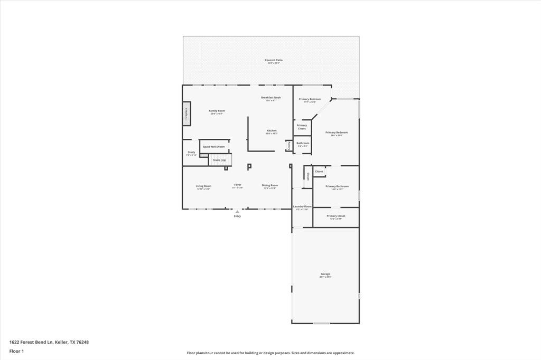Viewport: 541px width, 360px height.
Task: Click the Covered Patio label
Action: (274, 60)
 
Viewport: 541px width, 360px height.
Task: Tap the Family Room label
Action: (217, 111)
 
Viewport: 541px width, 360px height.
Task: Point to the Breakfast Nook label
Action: (271, 98)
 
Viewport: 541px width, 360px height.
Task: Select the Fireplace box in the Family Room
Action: (186, 113)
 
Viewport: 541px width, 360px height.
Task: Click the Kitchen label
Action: (272, 130)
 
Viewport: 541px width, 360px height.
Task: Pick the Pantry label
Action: (289, 145)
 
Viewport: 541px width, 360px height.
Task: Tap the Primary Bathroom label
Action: (337, 186)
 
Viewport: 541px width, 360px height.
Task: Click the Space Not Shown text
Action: (214, 147)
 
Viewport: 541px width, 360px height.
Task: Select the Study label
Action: (191, 153)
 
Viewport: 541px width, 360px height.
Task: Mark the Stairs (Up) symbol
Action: (220, 159)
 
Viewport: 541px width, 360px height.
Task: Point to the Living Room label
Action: (203, 186)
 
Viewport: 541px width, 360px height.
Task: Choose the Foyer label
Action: (238, 185)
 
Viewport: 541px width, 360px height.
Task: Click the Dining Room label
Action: (270, 185)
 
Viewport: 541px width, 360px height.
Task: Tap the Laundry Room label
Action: (302, 206)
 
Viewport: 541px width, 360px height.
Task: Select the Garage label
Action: (325, 274)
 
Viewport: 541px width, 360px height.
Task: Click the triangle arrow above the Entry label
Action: (237, 212)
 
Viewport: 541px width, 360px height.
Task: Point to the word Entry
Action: (237, 216)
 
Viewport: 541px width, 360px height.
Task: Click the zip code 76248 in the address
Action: (82, 342)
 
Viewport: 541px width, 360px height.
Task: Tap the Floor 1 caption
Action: (17, 351)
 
